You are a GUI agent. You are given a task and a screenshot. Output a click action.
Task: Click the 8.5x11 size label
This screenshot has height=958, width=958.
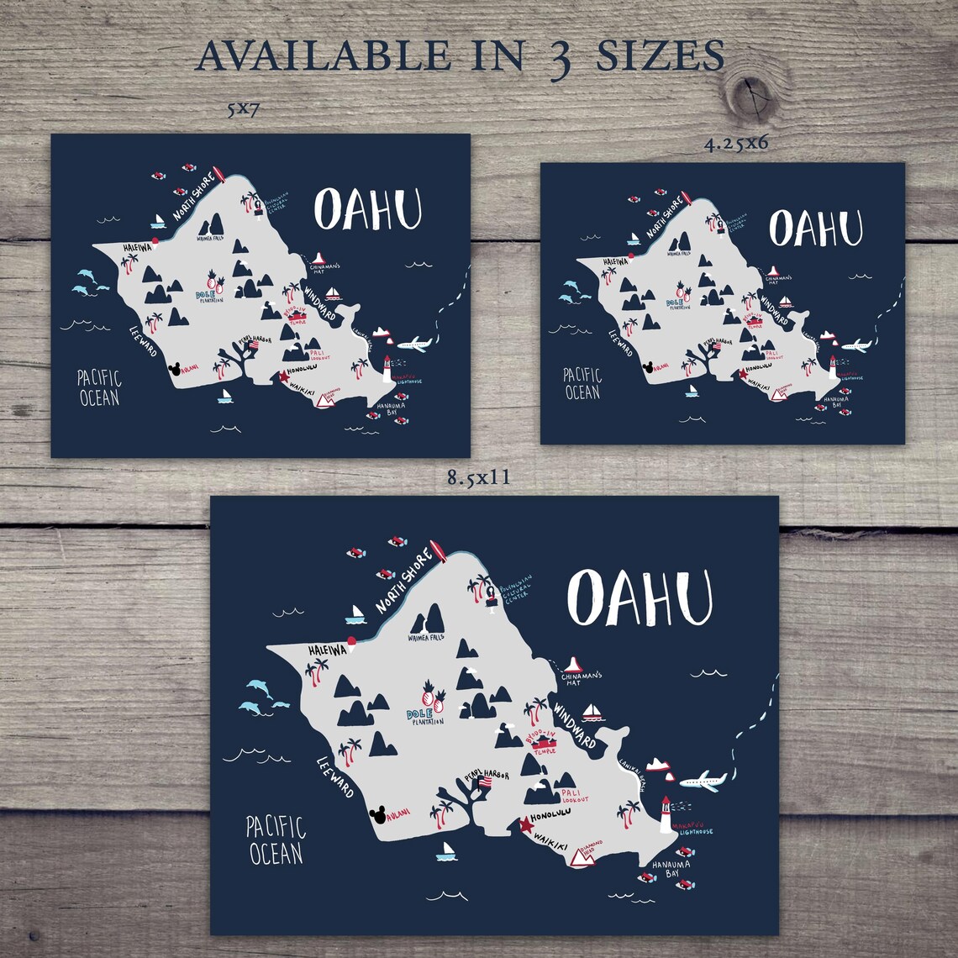click(x=479, y=479)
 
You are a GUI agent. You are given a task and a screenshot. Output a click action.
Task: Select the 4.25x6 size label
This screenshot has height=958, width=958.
click(x=737, y=143)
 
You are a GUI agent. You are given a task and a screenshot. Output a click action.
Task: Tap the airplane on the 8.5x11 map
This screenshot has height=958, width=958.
click(x=703, y=782)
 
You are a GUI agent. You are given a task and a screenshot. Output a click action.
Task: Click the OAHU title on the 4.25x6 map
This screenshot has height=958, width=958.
click(x=815, y=227)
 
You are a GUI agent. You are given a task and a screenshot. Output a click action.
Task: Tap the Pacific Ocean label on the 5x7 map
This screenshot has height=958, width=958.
click(x=99, y=387)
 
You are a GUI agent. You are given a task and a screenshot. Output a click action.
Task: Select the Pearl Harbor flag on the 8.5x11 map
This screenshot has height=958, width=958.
click(x=484, y=782)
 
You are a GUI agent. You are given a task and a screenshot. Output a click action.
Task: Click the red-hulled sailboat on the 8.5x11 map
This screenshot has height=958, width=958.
click(x=595, y=713)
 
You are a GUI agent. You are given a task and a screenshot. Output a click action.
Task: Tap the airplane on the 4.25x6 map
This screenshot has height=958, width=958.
click(x=855, y=345)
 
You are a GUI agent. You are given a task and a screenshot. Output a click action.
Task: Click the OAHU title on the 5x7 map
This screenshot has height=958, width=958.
click(x=367, y=210)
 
